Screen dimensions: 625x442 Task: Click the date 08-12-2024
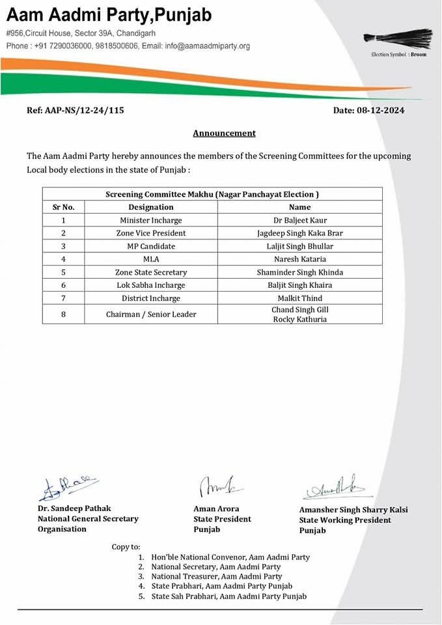coord(380,110)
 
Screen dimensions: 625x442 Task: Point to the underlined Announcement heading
coord(224,133)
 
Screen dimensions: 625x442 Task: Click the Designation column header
coord(151,207)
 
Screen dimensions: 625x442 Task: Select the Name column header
coord(299,207)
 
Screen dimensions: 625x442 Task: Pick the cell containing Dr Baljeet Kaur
coord(299,220)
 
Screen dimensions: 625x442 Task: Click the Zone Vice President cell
coord(151,233)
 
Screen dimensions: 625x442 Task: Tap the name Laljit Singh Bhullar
coord(299,246)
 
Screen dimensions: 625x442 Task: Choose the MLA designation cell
coord(151,259)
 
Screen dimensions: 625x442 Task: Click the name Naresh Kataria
coord(299,259)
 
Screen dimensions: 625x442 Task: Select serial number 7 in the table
coord(64,298)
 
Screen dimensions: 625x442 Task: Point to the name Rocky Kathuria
coord(299,320)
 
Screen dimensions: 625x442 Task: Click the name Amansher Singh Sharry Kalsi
coord(353,510)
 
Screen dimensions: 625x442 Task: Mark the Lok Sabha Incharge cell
coord(151,285)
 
